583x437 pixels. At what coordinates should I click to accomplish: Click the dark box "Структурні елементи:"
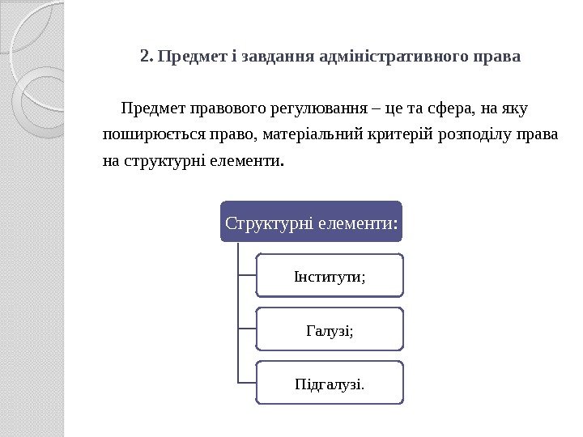[312, 222]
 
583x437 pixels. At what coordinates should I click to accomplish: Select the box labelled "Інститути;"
[330, 276]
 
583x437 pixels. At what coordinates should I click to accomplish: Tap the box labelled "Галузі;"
[330, 329]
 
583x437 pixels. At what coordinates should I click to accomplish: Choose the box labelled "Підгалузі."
[330, 382]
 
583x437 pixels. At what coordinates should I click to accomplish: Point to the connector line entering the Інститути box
[247, 276]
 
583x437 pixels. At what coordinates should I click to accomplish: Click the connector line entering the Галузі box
[247, 329]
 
